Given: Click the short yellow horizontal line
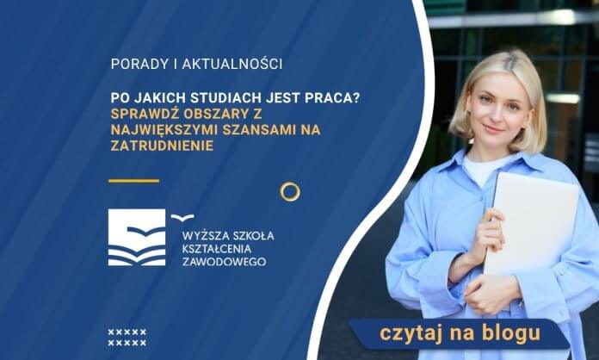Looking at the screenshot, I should [134, 180].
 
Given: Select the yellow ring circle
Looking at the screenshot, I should [290, 191].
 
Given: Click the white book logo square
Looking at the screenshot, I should [137, 237].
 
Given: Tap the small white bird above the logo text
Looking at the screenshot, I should [182, 216].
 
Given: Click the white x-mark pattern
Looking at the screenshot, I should [127, 337].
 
